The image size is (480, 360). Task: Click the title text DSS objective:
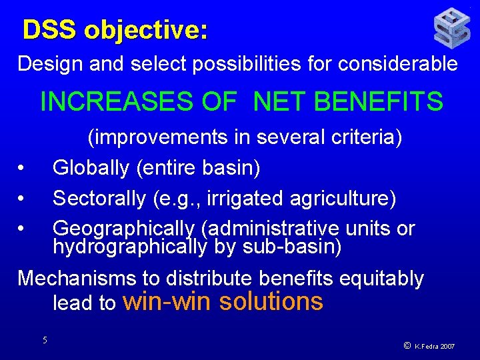pyautogui.click(x=115, y=31)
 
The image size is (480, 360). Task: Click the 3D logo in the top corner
pyautogui.click(x=452, y=28)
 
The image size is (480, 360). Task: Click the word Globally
pyautogui.click(x=91, y=168)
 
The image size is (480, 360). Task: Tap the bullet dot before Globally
pyautogui.click(x=22, y=168)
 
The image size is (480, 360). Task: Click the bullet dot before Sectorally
pyautogui.click(x=22, y=199)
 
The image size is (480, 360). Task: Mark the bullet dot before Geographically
pyautogui.click(x=22, y=229)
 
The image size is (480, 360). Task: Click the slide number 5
pyautogui.click(x=45, y=340)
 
